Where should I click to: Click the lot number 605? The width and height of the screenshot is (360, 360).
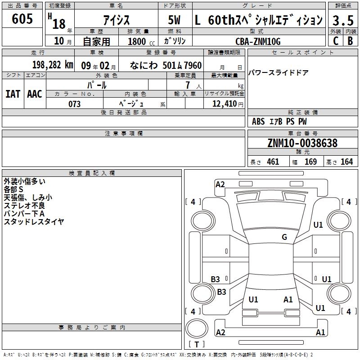(22, 18)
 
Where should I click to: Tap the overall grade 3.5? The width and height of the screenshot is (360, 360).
(343, 20)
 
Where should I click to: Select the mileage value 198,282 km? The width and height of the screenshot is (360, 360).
(53, 65)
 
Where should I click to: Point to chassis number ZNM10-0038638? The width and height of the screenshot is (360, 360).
(302, 143)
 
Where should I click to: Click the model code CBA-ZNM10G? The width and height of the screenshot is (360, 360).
(258, 41)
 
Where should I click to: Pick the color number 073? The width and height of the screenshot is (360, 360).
(74, 104)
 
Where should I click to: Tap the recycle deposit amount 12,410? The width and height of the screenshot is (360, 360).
(225, 104)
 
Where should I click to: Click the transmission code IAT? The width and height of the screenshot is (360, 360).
(13, 94)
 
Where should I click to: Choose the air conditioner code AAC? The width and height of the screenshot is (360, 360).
(35, 94)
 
